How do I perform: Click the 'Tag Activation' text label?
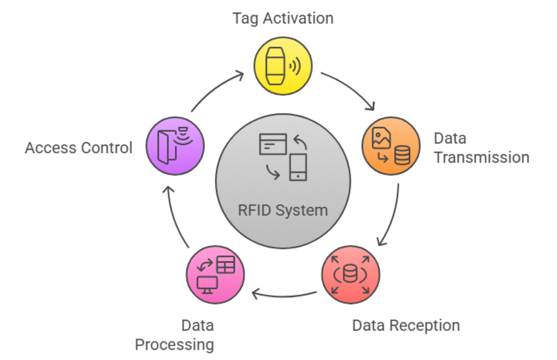pos(283,19)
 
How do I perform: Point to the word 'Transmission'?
pos(481,158)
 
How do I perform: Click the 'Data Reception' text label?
pos(406,326)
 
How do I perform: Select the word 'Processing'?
pos(174,345)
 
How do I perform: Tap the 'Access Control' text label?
pos(78,148)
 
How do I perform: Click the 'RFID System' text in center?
pos(283,210)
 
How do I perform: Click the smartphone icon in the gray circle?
pos(298,167)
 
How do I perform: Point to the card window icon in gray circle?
pos(273,144)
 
